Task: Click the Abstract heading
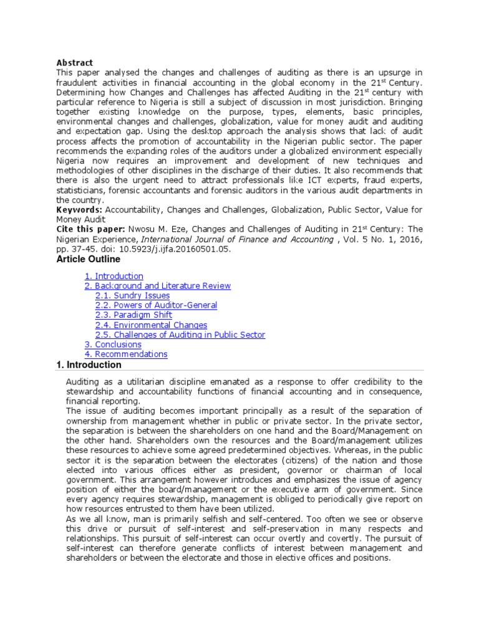74,63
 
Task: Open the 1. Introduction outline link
114,276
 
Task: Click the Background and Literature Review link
157,286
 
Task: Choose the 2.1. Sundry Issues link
132,296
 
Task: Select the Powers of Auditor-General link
156,305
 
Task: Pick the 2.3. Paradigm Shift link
134,315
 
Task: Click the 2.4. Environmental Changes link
151,325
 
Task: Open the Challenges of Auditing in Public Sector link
180,335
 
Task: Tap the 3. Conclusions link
113,345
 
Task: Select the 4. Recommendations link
126,355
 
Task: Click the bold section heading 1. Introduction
89,365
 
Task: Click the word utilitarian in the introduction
138,381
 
